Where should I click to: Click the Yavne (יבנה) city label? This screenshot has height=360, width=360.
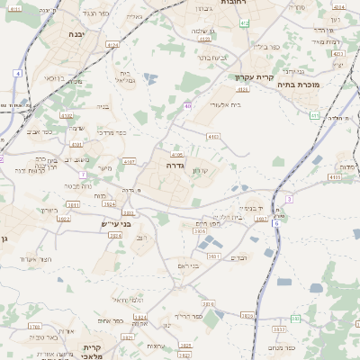pos(76,34)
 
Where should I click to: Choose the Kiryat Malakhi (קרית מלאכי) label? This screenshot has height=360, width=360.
pos(94,352)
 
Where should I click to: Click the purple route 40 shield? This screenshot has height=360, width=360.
pos(188,106)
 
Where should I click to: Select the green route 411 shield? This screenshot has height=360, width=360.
pos(314,115)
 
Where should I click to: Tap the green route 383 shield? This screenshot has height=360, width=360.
pos(295,317)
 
